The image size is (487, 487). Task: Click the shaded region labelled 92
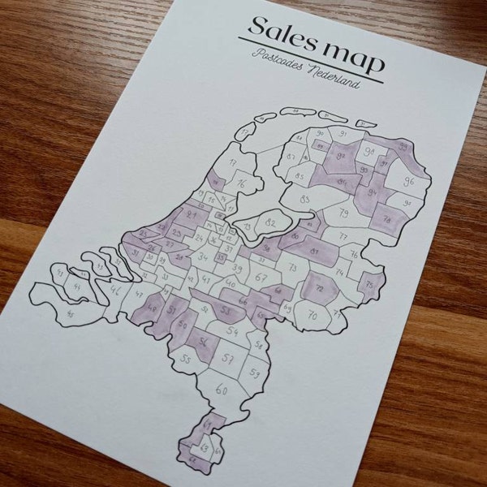tap(340, 157)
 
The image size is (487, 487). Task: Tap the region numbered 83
tap(306, 200)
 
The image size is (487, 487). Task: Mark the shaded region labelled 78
tap(386, 218)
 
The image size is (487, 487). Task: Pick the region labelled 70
tap(312, 315)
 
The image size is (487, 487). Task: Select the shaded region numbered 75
tap(370, 285)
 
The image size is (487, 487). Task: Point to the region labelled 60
tap(222, 389)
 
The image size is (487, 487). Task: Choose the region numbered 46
tap(116, 289)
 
